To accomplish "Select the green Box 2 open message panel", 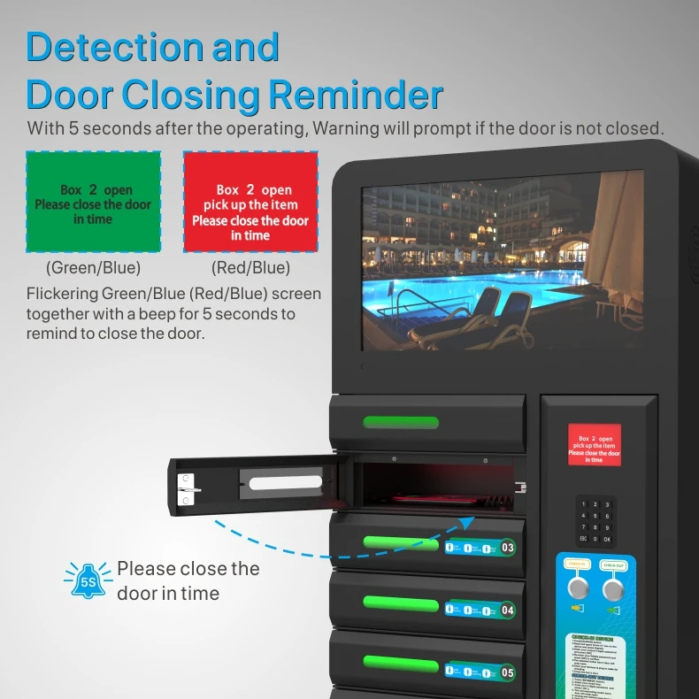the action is click(x=93, y=203).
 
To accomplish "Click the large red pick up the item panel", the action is click(x=250, y=203).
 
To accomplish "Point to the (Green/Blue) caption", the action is click(x=93, y=267).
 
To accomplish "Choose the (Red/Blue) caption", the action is click(x=250, y=267).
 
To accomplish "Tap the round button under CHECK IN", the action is click(x=579, y=588).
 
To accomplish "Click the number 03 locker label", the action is click(x=507, y=548).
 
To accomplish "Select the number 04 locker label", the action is click(x=507, y=610).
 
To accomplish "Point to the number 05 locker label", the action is click(x=507, y=672).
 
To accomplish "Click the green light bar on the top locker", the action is click(x=401, y=422).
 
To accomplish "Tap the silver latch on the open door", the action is click(x=188, y=489).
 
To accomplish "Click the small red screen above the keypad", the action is click(x=594, y=445).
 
